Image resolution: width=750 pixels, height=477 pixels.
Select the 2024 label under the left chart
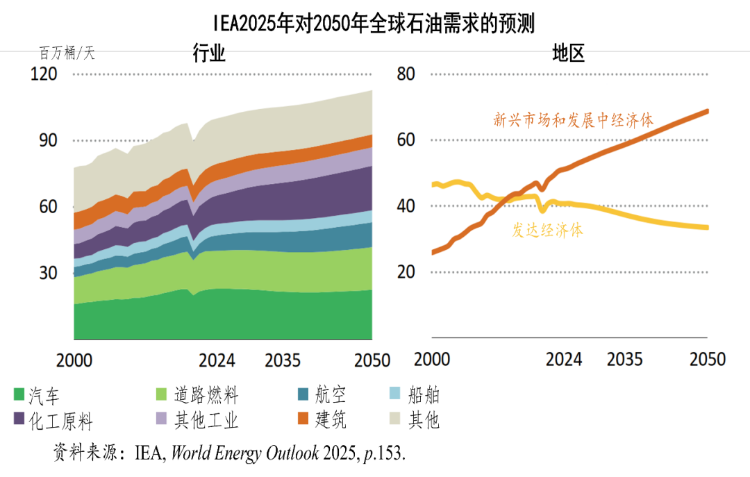click(x=217, y=360)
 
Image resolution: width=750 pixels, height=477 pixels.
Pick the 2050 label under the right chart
click(x=708, y=359)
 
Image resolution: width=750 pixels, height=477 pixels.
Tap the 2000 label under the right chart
click(x=432, y=359)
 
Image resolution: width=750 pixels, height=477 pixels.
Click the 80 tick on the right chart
click(x=406, y=74)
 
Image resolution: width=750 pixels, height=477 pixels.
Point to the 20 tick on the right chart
click(x=406, y=272)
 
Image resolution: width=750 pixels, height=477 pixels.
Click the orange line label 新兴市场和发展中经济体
click(x=574, y=120)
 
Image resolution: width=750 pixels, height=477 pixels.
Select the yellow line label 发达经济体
click(x=547, y=231)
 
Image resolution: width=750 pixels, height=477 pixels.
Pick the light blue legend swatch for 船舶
click(x=395, y=394)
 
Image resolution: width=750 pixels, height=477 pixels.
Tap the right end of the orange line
click(x=707, y=111)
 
